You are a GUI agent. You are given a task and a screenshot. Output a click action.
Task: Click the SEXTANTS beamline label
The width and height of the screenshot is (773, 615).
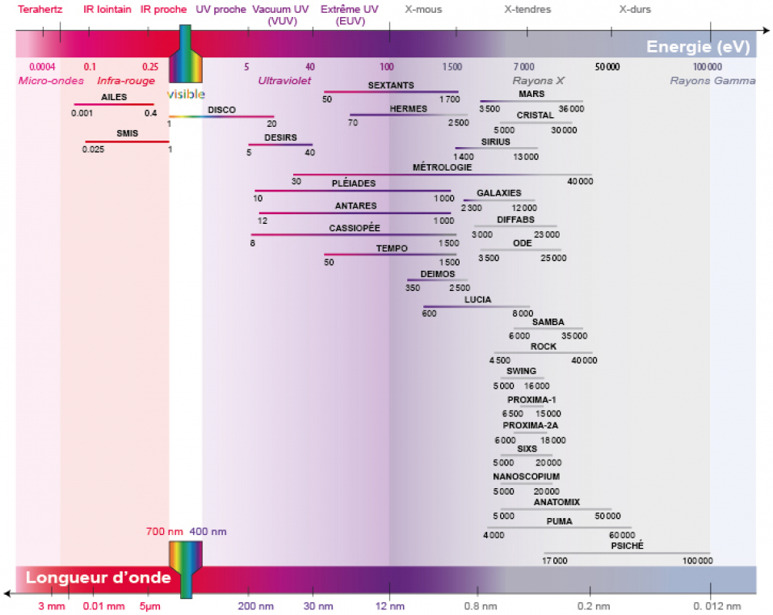pyautogui.click(x=391, y=85)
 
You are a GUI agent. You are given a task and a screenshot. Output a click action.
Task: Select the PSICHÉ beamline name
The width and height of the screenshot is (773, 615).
pyautogui.click(x=628, y=545)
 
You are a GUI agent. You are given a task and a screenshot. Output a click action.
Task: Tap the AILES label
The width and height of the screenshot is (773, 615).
pyautogui.click(x=114, y=97)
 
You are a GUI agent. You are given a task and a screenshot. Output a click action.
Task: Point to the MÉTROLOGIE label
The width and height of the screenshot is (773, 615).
pyautogui.click(x=442, y=167)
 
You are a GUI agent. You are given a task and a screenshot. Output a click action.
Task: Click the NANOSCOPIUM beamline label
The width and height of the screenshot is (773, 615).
pyautogui.click(x=526, y=477)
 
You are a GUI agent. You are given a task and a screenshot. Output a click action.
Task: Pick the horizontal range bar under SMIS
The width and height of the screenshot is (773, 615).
pyautogui.click(x=127, y=141)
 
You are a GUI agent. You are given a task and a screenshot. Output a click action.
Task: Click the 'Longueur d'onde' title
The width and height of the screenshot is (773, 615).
pyautogui.click(x=98, y=578)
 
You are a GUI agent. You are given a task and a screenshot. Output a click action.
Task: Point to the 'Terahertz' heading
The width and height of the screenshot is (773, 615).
pyautogui.click(x=39, y=10)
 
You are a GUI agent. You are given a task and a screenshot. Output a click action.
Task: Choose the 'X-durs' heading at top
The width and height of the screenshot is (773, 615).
pyautogui.click(x=634, y=10)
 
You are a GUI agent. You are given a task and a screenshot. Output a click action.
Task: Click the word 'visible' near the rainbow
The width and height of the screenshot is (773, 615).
pyautogui.click(x=186, y=94)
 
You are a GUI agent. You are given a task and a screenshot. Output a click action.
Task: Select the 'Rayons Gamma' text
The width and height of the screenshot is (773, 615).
pyautogui.click(x=712, y=81)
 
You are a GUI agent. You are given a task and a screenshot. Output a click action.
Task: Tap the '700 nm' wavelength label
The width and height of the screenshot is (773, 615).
pyautogui.click(x=165, y=532)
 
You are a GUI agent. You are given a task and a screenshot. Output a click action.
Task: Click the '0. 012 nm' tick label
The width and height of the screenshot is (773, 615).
pyautogui.click(x=717, y=606)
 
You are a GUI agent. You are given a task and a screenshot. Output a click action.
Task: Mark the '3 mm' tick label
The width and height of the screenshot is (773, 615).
pyautogui.click(x=51, y=606)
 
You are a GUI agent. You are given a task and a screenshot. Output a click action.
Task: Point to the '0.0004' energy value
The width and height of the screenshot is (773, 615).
pyautogui.click(x=42, y=66)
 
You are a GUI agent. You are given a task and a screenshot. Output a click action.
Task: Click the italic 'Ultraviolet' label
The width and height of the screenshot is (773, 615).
pyautogui.click(x=284, y=81)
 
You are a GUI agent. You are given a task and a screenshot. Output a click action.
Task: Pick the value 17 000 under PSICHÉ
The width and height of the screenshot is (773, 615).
pyautogui.click(x=554, y=560)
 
